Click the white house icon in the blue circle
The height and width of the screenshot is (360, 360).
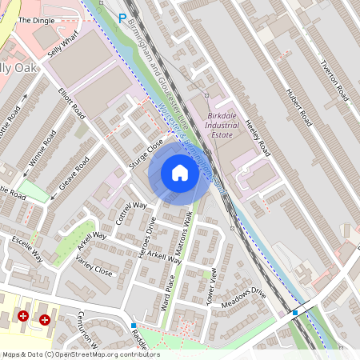click(180, 173)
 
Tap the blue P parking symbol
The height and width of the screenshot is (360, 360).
click(122, 18)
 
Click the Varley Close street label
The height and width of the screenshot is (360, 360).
click(94, 266)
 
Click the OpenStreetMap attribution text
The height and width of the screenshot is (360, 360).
click(80, 354)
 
